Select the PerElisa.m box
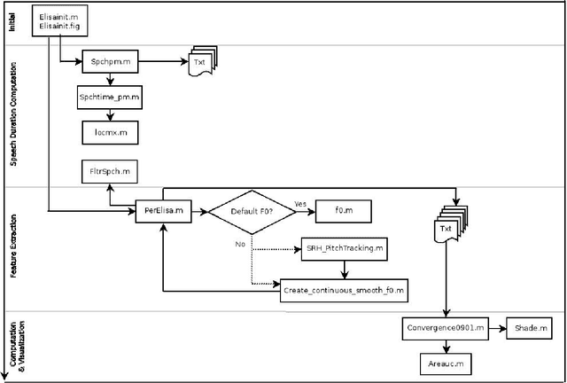(x=164, y=211)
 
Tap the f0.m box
(x=342, y=211)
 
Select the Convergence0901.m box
(x=444, y=329)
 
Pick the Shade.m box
(x=530, y=329)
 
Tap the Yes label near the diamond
(x=300, y=204)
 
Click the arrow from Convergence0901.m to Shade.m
(x=494, y=329)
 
